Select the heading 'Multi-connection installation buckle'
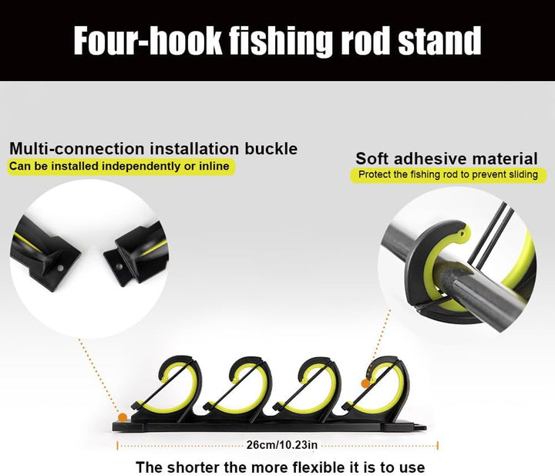pyautogui.click(x=153, y=149)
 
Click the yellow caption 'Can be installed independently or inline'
pyautogui.click(x=119, y=166)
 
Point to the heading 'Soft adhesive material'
pyautogui.click(x=446, y=158)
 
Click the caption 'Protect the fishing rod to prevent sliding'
pyautogui.click(x=448, y=174)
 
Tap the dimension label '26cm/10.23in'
pyautogui.click(x=282, y=444)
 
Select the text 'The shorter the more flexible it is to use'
pyautogui.click(x=281, y=468)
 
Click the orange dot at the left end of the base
pyautogui.click(x=122, y=417)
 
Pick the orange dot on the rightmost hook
pyautogui.click(x=365, y=383)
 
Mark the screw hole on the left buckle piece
pyautogui.click(x=60, y=268)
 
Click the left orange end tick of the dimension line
pyautogui.click(x=117, y=446)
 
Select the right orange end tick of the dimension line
pyautogui.click(x=438, y=446)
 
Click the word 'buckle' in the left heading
pyautogui.click(x=271, y=149)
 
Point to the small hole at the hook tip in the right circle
pyautogui.click(x=461, y=234)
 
